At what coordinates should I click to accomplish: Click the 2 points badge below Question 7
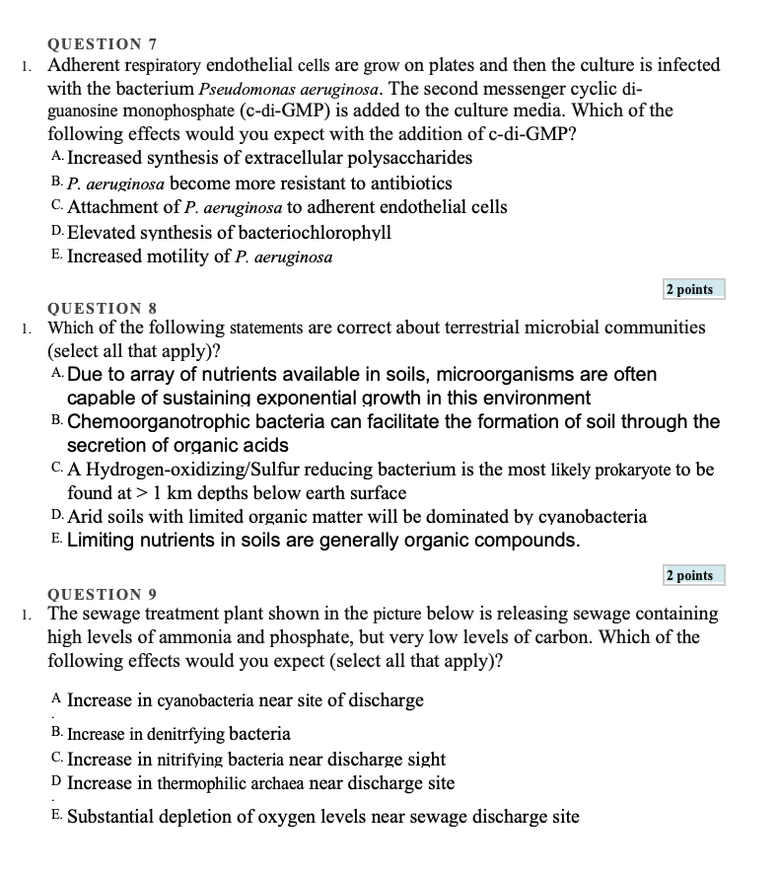[689, 289]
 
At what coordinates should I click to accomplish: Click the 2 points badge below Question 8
[689, 575]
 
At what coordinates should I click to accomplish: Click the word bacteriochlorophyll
[315, 233]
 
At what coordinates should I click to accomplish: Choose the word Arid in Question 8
[86, 516]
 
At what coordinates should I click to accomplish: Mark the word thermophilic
[200, 783]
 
